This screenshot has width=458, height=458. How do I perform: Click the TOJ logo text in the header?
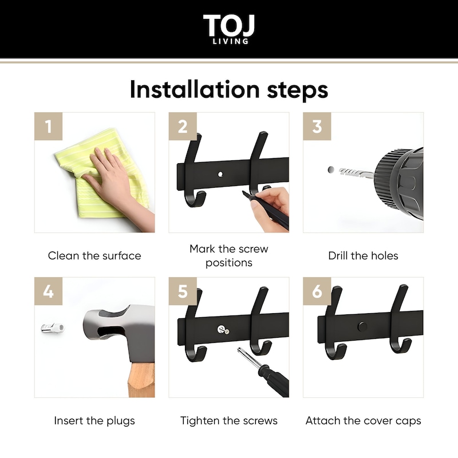(229, 25)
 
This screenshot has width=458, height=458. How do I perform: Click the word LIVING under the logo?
(231, 41)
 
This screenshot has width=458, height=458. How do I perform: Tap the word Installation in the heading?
(195, 89)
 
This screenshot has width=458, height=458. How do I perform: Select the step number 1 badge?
(49, 126)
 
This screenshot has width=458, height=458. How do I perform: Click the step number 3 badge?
(317, 126)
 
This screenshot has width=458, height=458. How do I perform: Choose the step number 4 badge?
(49, 291)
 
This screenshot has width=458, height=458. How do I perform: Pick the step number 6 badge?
(317, 291)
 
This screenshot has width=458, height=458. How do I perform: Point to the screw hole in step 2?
(220, 175)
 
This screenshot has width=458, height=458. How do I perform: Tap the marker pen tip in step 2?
(244, 192)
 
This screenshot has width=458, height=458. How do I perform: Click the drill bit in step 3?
(356, 173)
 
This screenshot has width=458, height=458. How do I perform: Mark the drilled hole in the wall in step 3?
(331, 169)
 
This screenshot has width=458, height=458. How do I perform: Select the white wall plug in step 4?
(53, 328)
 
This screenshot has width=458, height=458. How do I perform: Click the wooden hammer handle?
(141, 380)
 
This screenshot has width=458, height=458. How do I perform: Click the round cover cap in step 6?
(362, 326)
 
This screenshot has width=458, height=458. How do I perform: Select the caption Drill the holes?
(363, 255)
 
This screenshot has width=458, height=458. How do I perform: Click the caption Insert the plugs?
(94, 421)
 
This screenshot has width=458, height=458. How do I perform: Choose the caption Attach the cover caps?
(363, 421)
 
